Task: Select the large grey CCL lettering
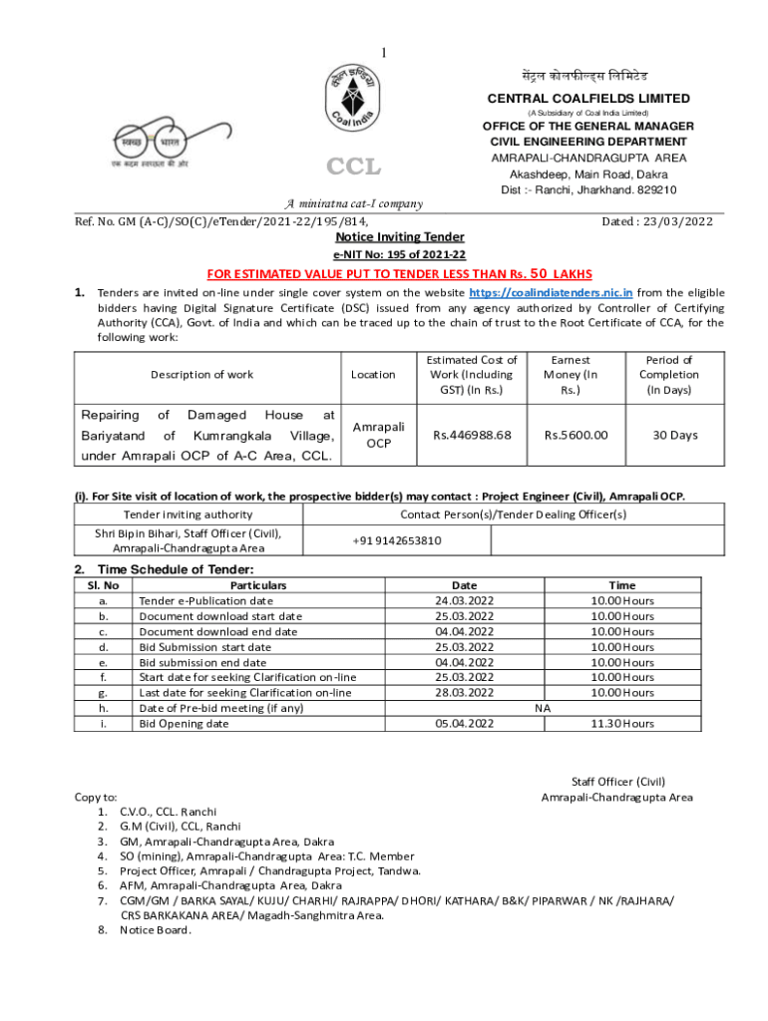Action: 353,167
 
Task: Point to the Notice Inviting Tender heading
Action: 384,238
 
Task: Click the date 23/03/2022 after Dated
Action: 672,221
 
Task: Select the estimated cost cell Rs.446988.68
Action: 471,435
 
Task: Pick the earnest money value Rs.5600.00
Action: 576,435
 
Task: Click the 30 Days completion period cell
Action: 675,435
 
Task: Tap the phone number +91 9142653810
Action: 396,540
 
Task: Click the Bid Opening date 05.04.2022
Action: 464,723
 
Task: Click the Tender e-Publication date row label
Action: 205,601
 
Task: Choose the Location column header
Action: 373,375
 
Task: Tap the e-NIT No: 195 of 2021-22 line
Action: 384,255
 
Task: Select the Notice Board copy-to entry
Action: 156,930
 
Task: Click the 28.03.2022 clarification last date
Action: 464,692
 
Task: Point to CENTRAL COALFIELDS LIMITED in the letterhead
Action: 587,98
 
